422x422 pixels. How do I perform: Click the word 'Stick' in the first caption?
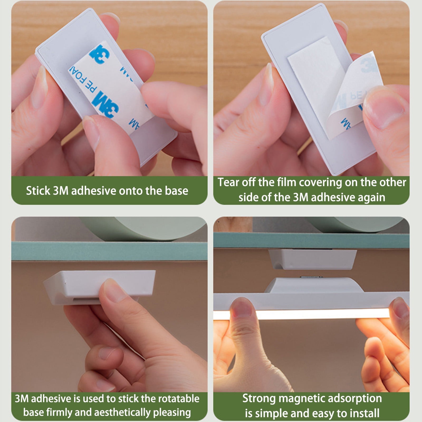pos(38,191)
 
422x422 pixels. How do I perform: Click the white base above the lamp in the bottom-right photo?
pos(313,259)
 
